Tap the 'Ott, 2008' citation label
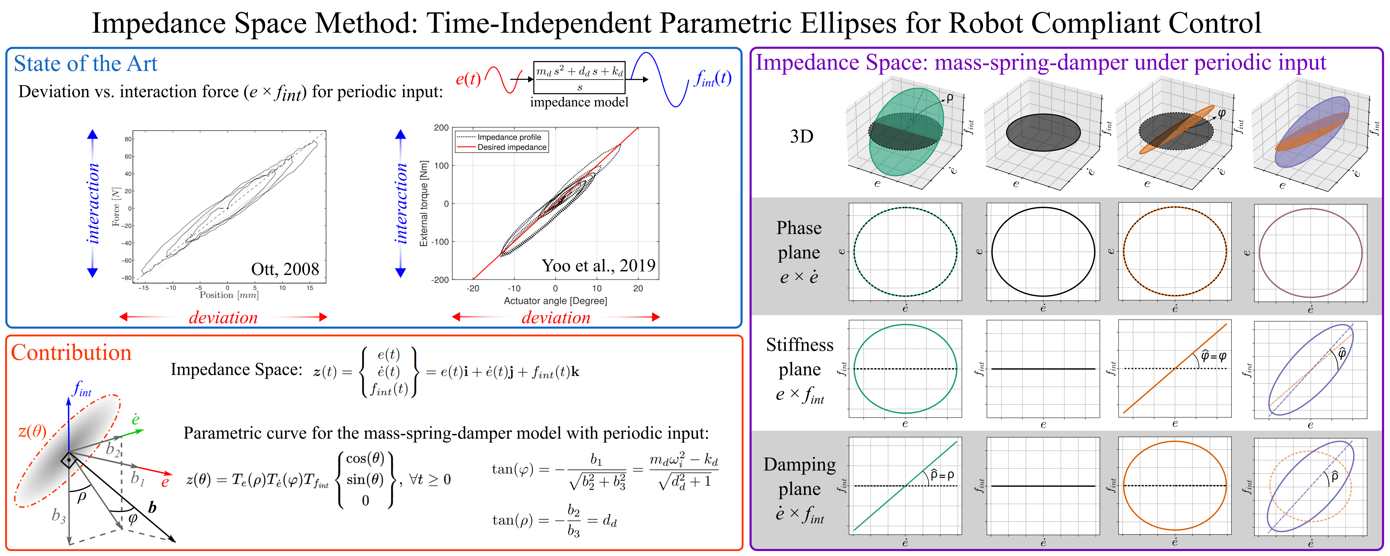(285, 269)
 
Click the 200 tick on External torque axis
(441, 128)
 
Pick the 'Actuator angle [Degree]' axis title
(555, 301)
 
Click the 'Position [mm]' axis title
(229, 295)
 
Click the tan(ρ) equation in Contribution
(554, 521)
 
